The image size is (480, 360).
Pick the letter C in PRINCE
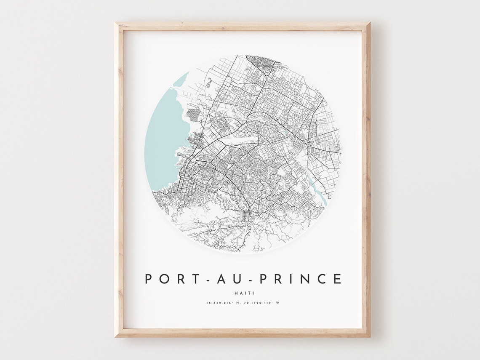[321, 279]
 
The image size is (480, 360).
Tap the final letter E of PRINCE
[337, 279]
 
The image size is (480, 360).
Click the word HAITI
[243, 293]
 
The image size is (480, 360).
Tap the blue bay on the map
[162, 139]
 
